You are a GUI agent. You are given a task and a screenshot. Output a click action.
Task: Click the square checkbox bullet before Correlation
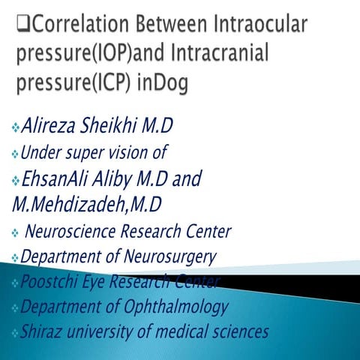22,28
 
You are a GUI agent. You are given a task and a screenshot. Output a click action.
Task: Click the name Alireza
53,124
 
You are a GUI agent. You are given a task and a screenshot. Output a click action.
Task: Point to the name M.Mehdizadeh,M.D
87,204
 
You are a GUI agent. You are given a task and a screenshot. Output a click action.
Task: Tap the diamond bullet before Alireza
16,126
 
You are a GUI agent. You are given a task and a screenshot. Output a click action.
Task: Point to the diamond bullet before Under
16,154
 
